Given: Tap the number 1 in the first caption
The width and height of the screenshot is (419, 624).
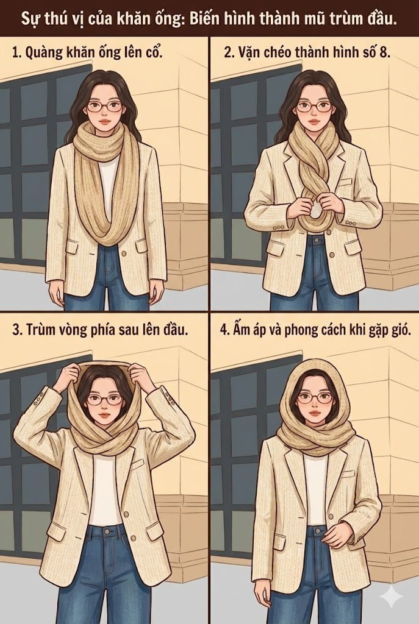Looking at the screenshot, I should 15,52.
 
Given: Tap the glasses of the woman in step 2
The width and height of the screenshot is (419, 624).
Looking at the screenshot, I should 313,107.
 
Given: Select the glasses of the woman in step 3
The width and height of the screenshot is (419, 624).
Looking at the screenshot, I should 104,400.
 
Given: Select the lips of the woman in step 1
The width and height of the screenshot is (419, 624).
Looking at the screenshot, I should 104,129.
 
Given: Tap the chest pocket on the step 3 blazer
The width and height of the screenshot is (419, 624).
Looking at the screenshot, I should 138,464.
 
